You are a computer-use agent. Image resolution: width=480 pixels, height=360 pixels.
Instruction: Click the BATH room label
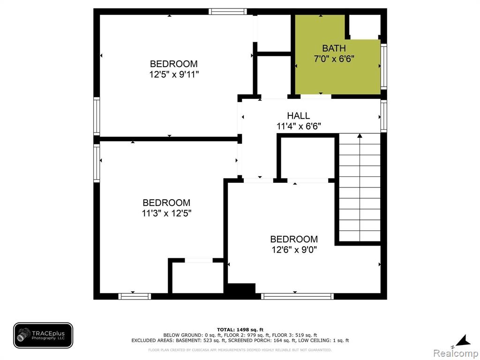tap(334, 48)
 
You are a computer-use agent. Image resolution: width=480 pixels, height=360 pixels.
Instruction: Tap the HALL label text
tap(299, 115)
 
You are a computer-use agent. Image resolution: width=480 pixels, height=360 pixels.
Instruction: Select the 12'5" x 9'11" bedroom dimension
tap(174, 75)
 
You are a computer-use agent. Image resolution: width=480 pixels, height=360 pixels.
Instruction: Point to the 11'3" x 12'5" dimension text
tap(166, 213)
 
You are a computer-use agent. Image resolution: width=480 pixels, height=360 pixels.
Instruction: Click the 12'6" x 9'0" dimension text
tap(294, 249)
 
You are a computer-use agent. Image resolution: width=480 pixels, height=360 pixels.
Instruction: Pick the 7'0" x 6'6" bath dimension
tap(334, 59)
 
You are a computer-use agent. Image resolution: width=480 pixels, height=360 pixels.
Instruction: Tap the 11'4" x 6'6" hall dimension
tap(299, 126)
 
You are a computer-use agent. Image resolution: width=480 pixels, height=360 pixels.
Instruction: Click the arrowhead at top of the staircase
tap(360, 135)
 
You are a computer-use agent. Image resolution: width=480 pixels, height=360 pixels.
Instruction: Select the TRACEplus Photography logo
tap(43, 335)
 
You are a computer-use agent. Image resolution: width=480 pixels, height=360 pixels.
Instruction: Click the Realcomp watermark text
tap(456, 353)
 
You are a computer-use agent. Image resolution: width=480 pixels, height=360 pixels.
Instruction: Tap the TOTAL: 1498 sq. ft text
tap(240, 330)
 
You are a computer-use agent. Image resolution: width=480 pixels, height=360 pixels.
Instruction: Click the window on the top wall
tap(228, 12)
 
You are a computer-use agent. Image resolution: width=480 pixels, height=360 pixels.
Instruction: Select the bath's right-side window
tap(383, 67)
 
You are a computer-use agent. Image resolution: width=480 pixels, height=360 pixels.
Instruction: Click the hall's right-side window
tap(383, 116)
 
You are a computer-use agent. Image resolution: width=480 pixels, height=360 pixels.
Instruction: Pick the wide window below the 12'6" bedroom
tap(297, 296)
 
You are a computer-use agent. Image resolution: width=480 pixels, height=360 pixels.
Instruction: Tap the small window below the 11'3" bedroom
tap(135, 296)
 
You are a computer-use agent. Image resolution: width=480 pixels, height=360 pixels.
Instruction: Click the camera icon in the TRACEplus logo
tap(23, 335)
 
